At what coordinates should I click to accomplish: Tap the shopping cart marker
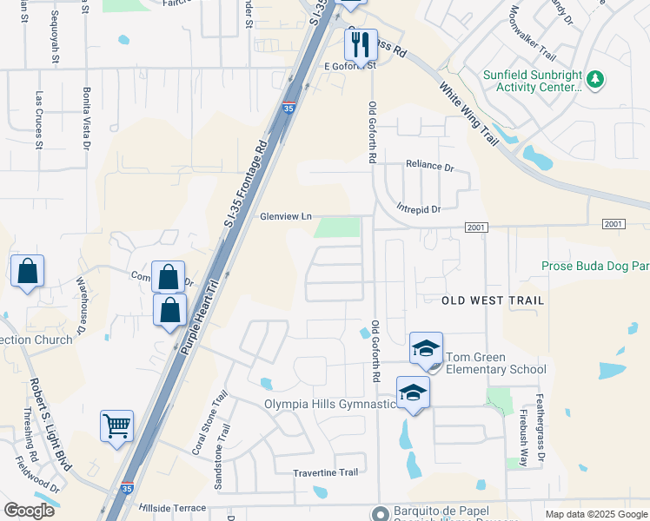(116, 425)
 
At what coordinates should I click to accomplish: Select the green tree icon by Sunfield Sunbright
(595, 80)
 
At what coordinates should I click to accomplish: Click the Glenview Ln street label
(285, 217)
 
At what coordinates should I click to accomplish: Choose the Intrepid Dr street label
(418, 209)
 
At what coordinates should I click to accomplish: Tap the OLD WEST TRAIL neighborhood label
(493, 300)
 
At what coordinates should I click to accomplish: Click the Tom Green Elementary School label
(495, 363)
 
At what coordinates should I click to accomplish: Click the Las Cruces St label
(38, 122)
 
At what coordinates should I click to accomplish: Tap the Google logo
(29, 510)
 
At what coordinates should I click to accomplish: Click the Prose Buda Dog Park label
(594, 266)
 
